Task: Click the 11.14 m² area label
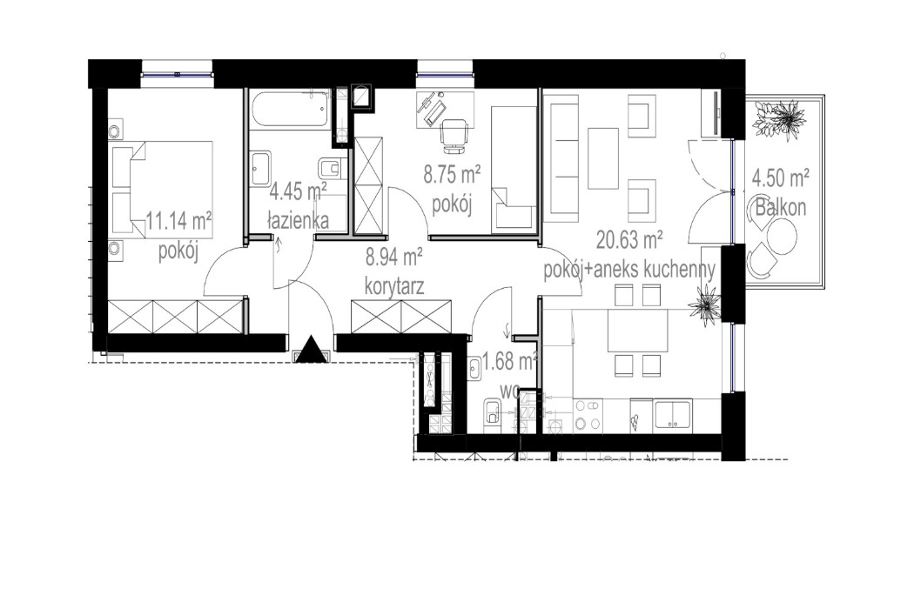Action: (x=179, y=221)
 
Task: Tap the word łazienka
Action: (x=299, y=221)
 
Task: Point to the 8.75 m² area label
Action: (x=453, y=174)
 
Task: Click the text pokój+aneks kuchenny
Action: (x=628, y=270)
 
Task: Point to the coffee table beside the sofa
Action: (x=603, y=157)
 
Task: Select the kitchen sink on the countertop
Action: (x=673, y=414)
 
